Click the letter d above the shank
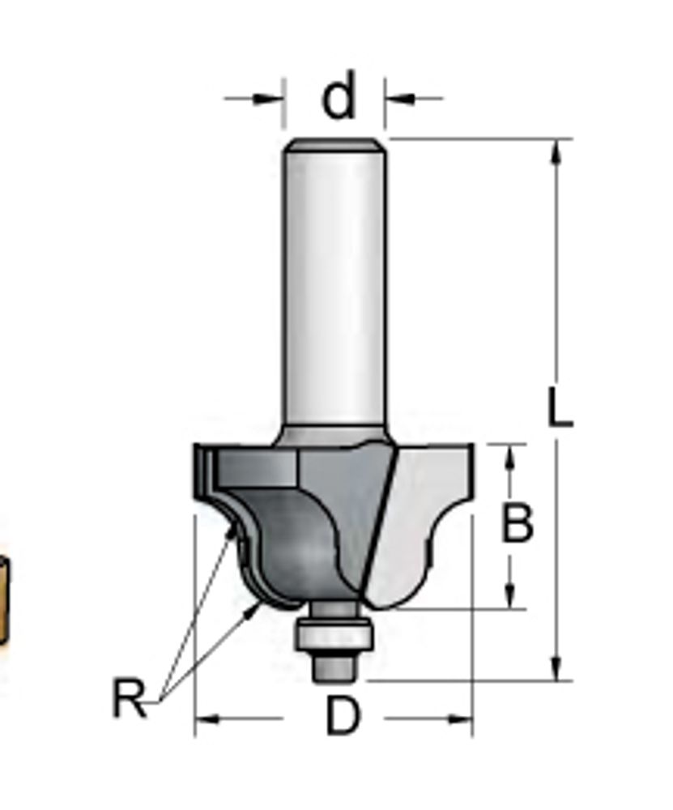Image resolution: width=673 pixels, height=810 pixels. pyautogui.click(x=339, y=94)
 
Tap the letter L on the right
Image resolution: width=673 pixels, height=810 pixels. pyautogui.click(x=560, y=408)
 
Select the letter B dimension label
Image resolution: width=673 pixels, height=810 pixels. pyautogui.click(x=517, y=523)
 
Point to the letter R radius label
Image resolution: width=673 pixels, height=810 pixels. pyautogui.click(x=129, y=698)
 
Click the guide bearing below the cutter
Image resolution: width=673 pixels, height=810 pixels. pyautogui.click(x=334, y=635)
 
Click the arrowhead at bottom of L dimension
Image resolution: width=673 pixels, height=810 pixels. pyautogui.click(x=556, y=668)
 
